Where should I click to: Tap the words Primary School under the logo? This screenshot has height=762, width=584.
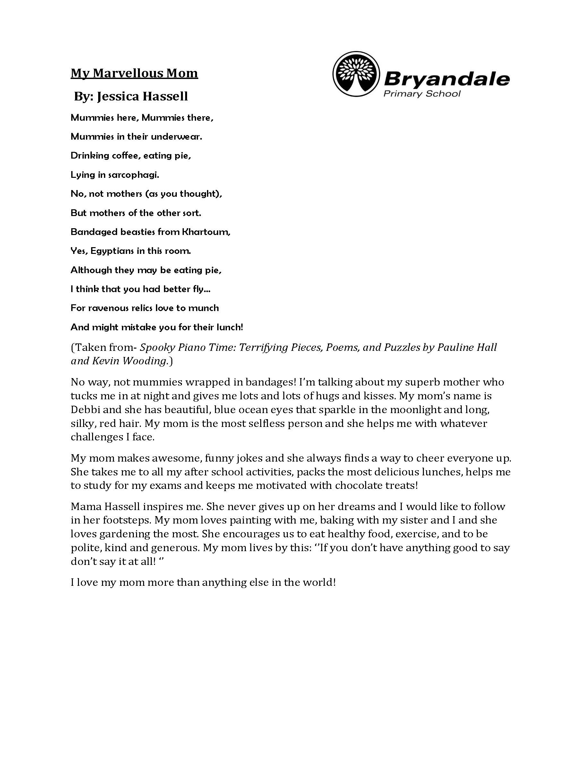coord(422,93)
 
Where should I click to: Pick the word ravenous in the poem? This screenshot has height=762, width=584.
coord(107,308)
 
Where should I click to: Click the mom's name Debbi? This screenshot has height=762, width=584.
coord(85,410)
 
